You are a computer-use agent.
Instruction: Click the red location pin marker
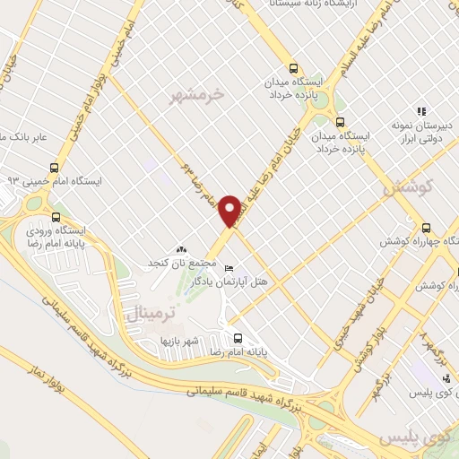(x=230, y=212)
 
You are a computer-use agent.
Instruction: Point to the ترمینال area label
(x=143, y=315)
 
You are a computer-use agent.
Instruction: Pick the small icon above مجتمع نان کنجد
(x=182, y=249)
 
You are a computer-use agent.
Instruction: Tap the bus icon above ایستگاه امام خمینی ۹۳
(x=56, y=167)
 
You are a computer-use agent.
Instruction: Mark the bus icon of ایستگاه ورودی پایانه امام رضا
(x=57, y=216)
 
